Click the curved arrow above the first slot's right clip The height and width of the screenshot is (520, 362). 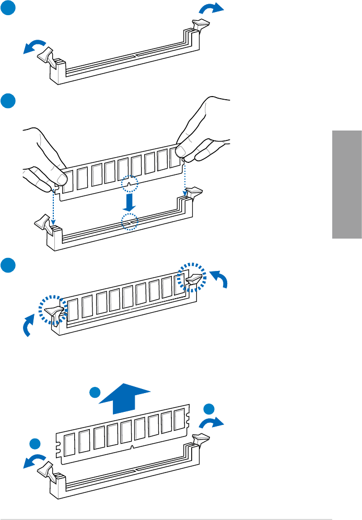(213, 8)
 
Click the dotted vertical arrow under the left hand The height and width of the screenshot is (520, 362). (53, 206)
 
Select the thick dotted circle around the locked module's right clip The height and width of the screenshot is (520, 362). (191, 278)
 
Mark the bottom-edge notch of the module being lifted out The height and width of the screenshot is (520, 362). (132, 448)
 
